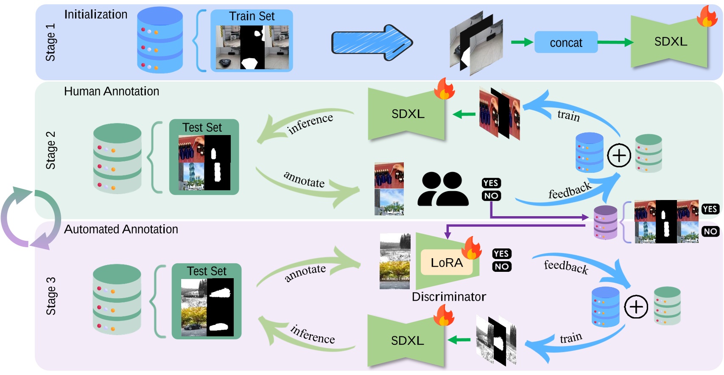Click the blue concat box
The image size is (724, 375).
coord(566,42)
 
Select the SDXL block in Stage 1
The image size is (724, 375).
coord(670,42)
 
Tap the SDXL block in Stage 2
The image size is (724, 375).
coord(408,114)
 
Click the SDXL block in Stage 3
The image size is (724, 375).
coord(407,341)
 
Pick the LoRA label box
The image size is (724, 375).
coord(446,263)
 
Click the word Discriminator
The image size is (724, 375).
coord(449,296)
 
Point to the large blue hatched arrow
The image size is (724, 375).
coord(371,43)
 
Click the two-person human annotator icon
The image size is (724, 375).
coord(443,189)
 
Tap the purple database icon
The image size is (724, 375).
coord(605,222)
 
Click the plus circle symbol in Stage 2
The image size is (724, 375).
coord(619,155)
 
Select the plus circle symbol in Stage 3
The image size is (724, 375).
coord(636,307)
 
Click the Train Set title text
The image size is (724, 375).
coord(252,16)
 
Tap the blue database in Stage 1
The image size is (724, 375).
coord(160,40)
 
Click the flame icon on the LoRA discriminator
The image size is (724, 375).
coord(471,248)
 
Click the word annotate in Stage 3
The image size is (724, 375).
coord(305,273)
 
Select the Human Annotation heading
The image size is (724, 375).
coord(112,91)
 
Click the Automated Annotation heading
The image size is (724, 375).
coord(121,229)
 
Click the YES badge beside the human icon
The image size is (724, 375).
coord(491,183)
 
